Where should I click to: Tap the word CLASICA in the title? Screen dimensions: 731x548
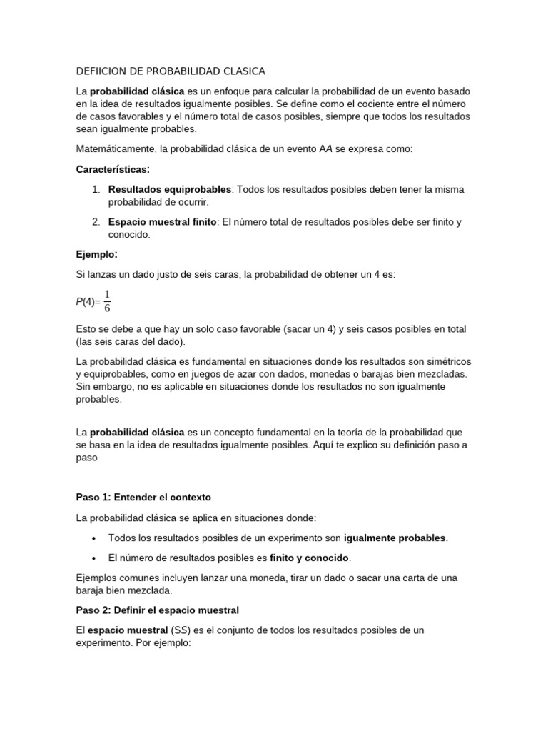tap(242, 71)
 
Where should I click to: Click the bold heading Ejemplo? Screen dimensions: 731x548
tap(96, 253)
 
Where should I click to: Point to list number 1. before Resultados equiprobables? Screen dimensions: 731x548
tap(96, 189)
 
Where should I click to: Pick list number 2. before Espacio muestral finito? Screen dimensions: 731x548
tap(96, 222)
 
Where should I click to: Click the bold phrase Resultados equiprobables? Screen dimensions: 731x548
tap(170, 189)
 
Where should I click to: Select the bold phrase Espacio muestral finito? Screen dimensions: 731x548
tap(162, 222)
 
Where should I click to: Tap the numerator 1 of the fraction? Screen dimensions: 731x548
tap(107, 295)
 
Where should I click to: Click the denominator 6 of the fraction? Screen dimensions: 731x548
tap(107, 308)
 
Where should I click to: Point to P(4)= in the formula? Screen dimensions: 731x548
tap(88, 302)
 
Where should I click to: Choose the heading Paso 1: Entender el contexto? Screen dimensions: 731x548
tap(143, 497)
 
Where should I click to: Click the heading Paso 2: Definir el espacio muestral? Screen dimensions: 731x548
tap(157, 610)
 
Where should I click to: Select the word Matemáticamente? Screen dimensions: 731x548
tap(115, 149)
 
